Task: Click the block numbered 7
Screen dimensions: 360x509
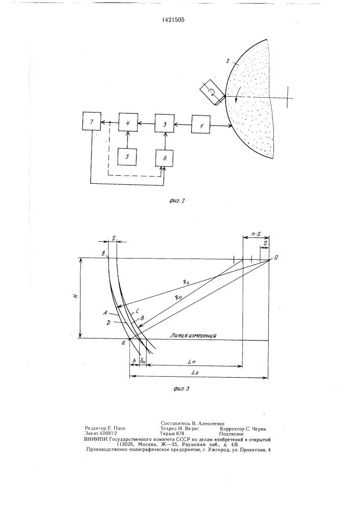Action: point(92,122)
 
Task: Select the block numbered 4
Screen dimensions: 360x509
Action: point(128,123)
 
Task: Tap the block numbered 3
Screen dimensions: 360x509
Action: point(164,123)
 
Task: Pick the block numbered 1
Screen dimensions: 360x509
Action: point(201,124)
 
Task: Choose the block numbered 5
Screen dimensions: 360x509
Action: point(127,156)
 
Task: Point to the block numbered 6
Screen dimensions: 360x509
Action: point(164,158)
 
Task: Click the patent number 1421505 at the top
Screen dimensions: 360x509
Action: point(173,20)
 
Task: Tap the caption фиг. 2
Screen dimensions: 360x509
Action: point(177,201)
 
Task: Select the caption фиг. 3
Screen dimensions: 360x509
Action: point(181,388)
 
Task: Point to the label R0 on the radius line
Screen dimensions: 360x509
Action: point(186,282)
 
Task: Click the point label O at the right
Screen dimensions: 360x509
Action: point(276,258)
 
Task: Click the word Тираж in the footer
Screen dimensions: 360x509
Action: point(168,433)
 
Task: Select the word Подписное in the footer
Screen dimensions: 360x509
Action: point(231,434)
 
